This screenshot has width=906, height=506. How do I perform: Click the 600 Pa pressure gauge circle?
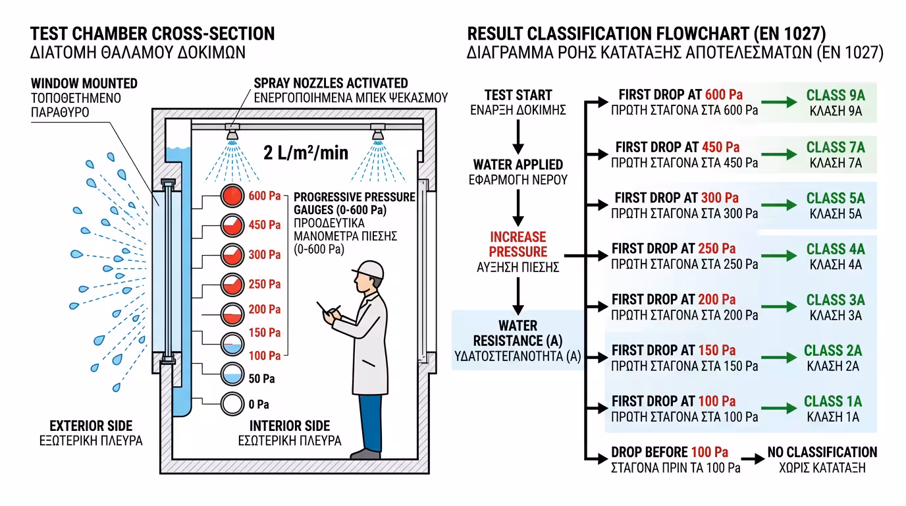point(232,196)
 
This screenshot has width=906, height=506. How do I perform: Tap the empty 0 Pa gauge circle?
point(232,403)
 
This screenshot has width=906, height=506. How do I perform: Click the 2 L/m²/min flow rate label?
point(306,154)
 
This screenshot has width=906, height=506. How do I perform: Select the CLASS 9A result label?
point(836,96)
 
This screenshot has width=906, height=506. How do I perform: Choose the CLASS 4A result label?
point(836,249)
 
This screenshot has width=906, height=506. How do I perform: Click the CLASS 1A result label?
point(833,401)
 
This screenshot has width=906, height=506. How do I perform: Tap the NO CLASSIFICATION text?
point(822,453)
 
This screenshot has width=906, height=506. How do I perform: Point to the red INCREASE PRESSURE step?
point(518,244)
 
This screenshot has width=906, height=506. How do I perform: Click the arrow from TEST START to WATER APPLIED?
point(518,137)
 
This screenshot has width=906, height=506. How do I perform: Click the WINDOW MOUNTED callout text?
point(84,84)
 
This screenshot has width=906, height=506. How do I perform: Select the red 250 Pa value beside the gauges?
point(265,285)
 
